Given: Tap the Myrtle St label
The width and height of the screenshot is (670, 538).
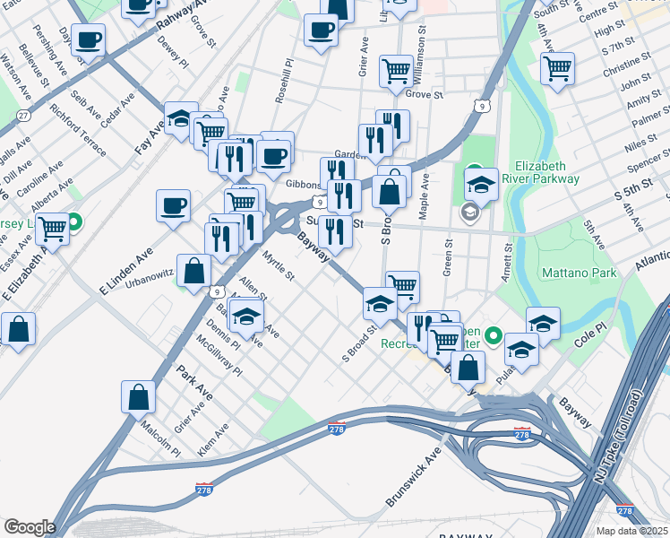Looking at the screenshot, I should click(x=278, y=265).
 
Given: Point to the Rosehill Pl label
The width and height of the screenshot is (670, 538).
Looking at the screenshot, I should click(x=284, y=82).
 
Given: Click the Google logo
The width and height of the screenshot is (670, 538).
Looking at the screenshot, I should click(x=30, y=527).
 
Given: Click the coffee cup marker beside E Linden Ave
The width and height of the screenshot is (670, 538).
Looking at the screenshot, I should click(x=173, y=205).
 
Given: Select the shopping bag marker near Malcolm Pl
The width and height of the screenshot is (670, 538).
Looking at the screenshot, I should click(x=138, y=396).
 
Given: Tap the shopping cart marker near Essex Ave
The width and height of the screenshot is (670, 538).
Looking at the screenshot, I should click(x=53, y=230).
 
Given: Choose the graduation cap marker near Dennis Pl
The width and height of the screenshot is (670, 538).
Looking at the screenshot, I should click(x=246, y=315).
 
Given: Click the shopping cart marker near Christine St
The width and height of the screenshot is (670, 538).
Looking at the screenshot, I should click(x=556, y=67).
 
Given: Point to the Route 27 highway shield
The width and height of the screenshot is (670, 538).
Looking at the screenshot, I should click(x=22, y=116).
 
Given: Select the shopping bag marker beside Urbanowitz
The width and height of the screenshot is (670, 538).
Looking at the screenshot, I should click(x=193, y=270).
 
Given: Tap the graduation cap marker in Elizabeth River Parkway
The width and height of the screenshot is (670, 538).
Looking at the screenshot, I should click(x=481, y=184).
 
